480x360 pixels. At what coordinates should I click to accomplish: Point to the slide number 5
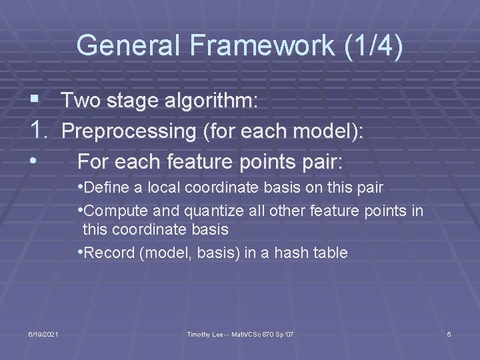click(x=449, y=333)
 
